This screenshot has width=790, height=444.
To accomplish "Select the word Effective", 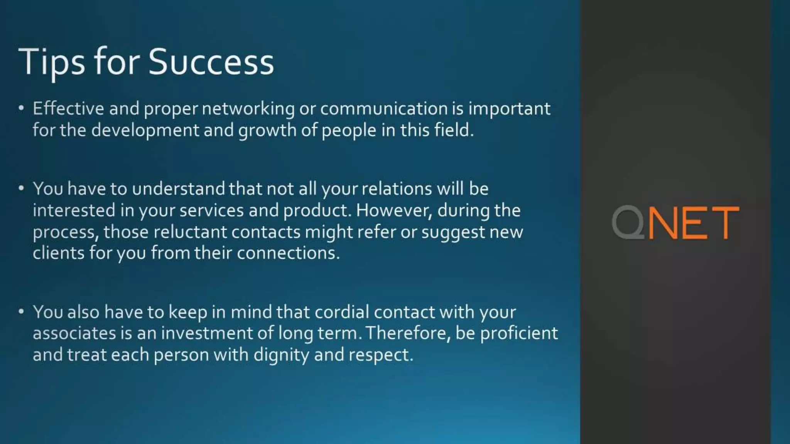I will (x=68, y=109).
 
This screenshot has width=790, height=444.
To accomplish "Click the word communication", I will (x=384, y=109).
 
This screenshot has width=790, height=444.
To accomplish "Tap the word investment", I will (x=207, y=333).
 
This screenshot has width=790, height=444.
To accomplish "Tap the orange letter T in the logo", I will (x=724, y=223).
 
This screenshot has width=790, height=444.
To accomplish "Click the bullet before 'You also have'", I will (x=21, y=311).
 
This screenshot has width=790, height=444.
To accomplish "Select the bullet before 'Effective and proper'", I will (x=21, y=108).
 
